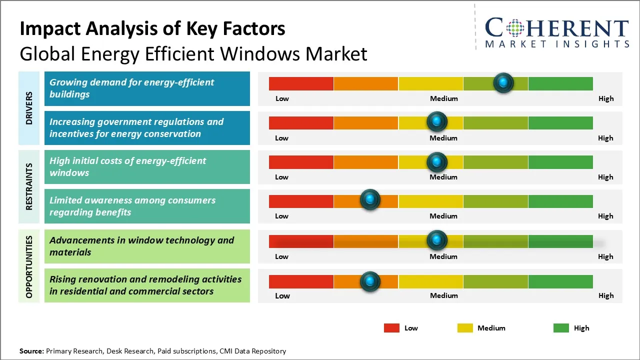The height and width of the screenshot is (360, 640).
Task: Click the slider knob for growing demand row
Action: click(503, 82)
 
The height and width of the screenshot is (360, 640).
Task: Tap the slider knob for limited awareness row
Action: click(370, 200)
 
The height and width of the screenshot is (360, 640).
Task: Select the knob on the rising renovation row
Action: click(370, 281)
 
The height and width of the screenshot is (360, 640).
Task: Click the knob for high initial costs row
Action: click(436, 161)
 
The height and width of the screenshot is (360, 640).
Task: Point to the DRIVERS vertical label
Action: click(29, 107)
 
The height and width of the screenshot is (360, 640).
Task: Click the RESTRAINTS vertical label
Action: click(29, 186)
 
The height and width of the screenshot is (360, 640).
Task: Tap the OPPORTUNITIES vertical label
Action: click(29, 267)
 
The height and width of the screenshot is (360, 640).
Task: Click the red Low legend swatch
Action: click(391, 328)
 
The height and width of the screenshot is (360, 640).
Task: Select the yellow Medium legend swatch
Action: click(465, 328)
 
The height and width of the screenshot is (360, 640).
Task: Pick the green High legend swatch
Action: click(561, 328)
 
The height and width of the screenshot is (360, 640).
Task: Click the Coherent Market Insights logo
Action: click(556, 33)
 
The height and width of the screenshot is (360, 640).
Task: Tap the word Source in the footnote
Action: click(31, 351)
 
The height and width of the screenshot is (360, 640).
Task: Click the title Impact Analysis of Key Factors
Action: click(152, 28)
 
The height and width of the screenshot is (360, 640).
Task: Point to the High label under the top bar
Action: click(605, 98)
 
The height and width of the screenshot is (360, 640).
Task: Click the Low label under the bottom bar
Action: click(282, 295)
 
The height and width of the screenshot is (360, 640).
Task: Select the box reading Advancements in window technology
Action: click(147, 246)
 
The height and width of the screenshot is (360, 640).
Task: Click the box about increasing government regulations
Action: click(147, 128)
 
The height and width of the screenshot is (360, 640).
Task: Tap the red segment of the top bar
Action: click(301, 83)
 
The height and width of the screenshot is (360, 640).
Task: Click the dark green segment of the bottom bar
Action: click(560, 281)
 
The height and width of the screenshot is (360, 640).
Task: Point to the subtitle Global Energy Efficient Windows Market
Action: click(193, 53)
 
